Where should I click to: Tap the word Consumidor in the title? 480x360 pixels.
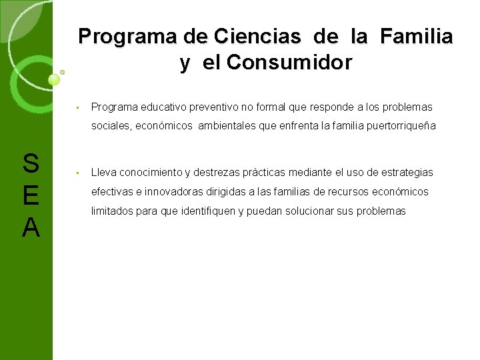click(x=289, y=63)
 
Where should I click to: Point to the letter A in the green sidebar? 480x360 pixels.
click(x=31, y=228)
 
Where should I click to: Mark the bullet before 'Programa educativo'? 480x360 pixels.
click(x=78, y=107)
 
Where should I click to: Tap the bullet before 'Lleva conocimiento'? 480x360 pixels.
click(x=78, y=173)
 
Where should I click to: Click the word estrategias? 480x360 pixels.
click(x=407, y=172)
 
